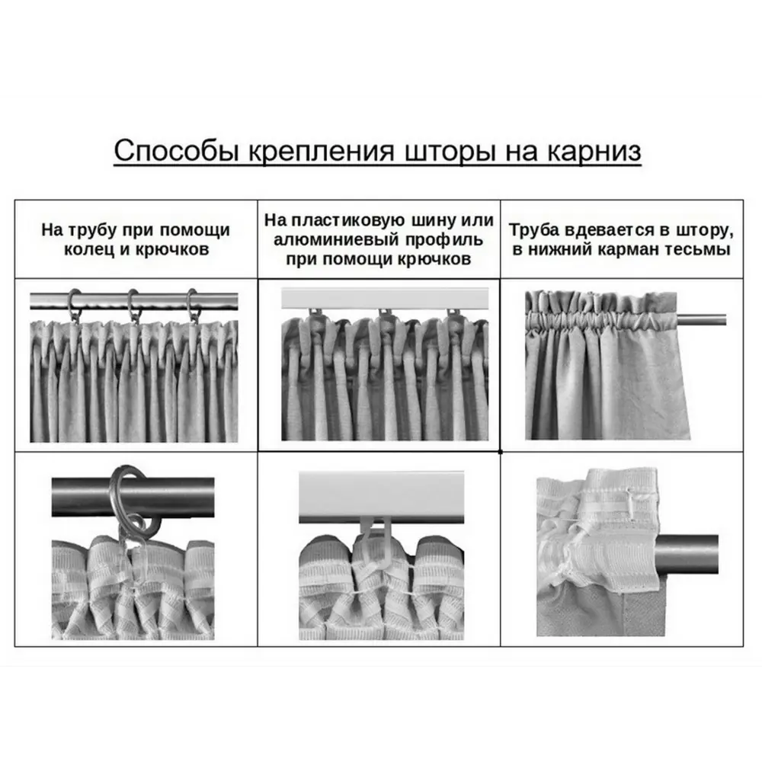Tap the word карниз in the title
coord(594,151)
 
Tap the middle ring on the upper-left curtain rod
coord(134,304)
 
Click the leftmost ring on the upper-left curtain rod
coord(75,304)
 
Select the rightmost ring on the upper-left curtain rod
coord(192,304)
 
